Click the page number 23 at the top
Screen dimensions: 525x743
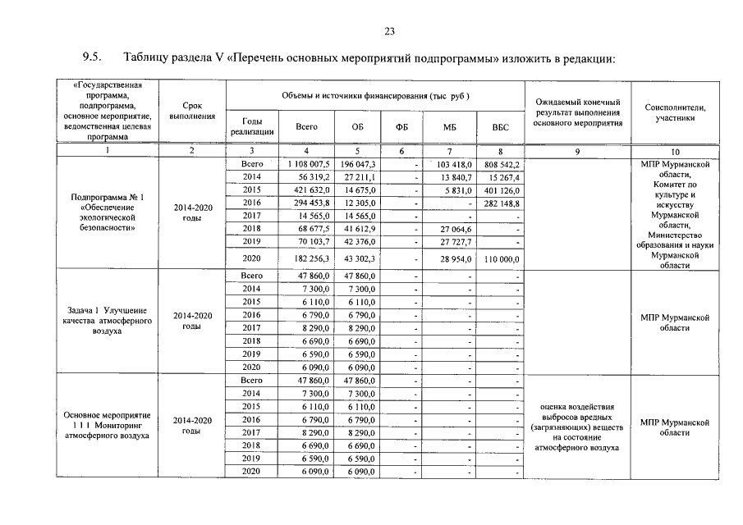coord(389,31)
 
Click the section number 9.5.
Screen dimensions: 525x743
coord(90,58)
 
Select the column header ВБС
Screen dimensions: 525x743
coord(500,127)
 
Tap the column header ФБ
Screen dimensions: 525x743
coord(401,127)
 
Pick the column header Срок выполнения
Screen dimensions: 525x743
coord(191,112)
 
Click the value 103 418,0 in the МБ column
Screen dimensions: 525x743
coord(449,164)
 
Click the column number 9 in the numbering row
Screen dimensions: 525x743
coord(577,151)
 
